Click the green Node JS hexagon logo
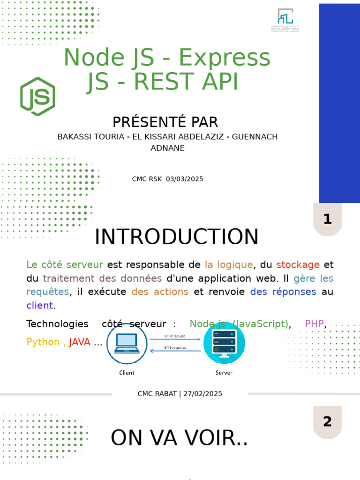click(37, 97)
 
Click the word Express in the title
click(225, 58)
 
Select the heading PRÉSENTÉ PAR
click(165, 122)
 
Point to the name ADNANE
click(167, 148)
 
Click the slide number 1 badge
click(327, 219)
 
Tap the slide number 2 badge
click(327, 422)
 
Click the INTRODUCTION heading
click(176, 237)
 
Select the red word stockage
click(298, 265)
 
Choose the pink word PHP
click(315, 324)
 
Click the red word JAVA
click(80, 342)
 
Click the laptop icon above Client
click(127, 344)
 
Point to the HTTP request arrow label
click(174, 336)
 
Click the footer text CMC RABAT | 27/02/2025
click(180, 394)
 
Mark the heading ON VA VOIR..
click(179, 438)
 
